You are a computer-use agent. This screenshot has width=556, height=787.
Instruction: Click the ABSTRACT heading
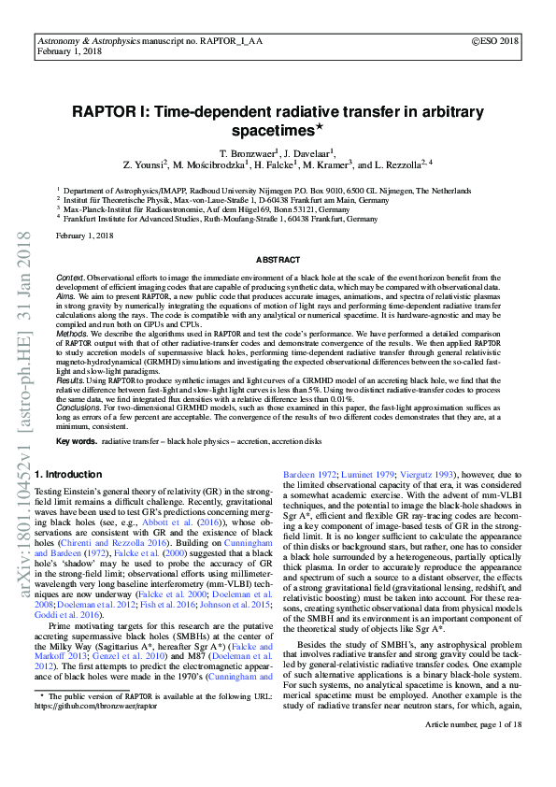pyautogui.click(x=278, y=259)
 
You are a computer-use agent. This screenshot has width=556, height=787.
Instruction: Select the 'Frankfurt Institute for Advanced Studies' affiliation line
pyautogui.click(x=221, y=219)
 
